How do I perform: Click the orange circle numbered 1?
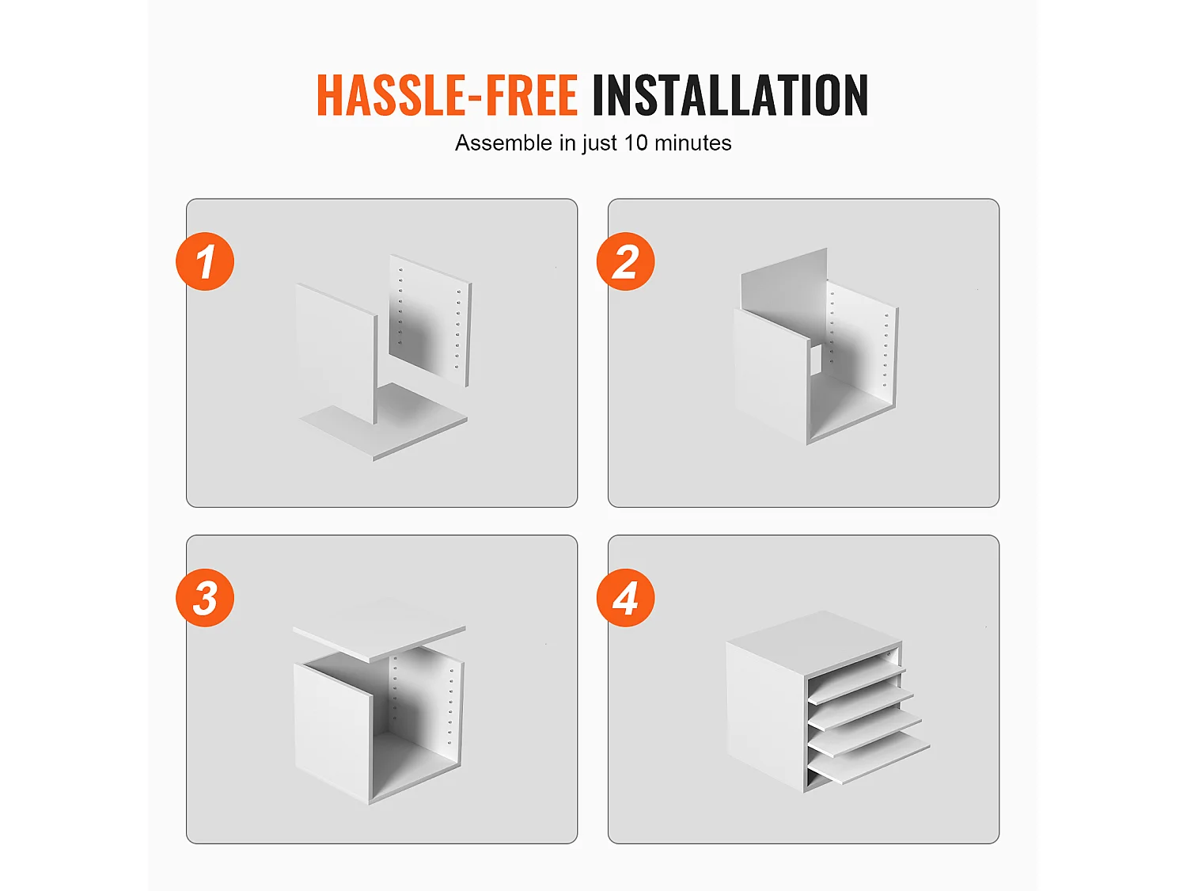point(205,261)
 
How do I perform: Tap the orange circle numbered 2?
point(626,261)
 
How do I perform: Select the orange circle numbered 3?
point(205,598)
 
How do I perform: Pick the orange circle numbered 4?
point(626,598)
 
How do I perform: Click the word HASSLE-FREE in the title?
point(447,95)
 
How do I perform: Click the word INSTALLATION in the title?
point(730,95)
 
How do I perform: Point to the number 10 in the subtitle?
point(635,143)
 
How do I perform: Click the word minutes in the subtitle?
point(693,143)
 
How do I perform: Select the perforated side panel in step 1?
point(430,320)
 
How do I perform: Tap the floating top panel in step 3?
point(378,630)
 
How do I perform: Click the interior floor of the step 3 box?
point(414,763)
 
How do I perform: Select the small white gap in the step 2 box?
point(816,360)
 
